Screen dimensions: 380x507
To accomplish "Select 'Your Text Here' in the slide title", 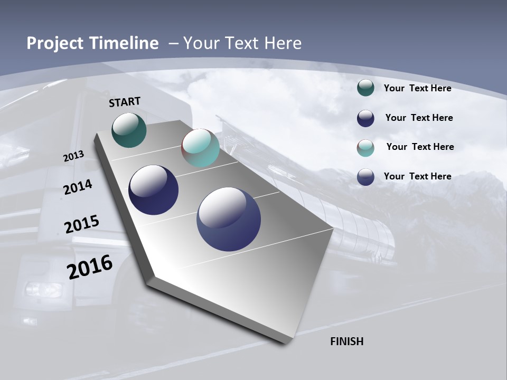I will click(x=242, y=43).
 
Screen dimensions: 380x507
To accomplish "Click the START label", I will click(x=125, y=102).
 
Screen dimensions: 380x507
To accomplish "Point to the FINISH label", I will click(x=346, y=341).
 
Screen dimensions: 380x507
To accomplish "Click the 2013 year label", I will click(x=73, y=156).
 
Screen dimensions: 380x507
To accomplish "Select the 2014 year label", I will click(x=78, y=187).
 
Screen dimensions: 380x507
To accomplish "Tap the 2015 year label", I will click(x=81, y=224).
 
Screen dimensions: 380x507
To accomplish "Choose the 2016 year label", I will click(x=90, y=267).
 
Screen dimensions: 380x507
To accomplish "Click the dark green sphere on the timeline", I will click(x=129, y=130).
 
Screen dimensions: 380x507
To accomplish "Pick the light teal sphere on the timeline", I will click(x=200, y=148).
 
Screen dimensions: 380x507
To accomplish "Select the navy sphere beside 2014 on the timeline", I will click(x=153, y=190).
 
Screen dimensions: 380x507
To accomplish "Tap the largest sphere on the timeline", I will click(x=229, y=219).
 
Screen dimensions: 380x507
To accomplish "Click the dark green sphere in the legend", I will click(x=365, y=88).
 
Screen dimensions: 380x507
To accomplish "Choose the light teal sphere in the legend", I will click(x=365, y=148).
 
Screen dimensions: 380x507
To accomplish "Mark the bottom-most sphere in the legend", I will click(x=365, y=177).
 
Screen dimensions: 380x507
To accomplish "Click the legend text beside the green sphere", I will click(x=417, y=88).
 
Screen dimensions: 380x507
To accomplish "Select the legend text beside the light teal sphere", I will click(x=420, y=147).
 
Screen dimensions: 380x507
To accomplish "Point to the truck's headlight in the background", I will click(x=43, y=290).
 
